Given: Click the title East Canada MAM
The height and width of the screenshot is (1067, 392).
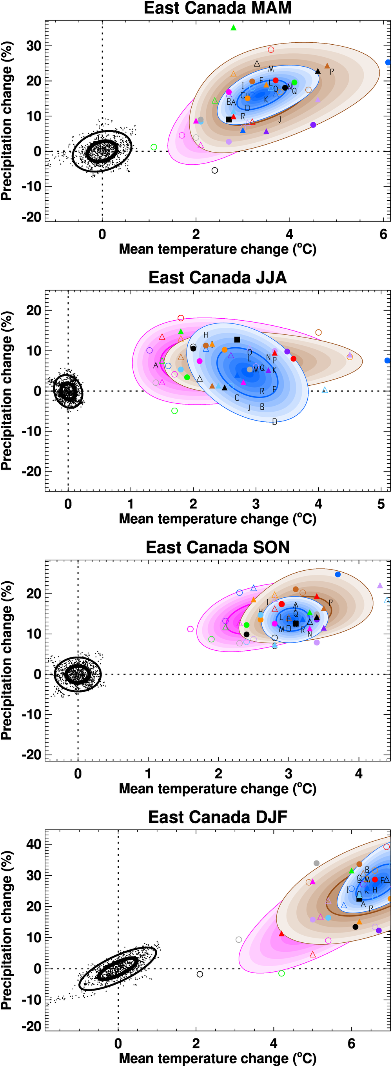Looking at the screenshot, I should click(x=218, y=8).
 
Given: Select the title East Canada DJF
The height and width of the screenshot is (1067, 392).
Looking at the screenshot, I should click(x=218, y=817).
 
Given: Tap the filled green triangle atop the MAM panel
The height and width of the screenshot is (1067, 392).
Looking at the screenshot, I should click(x=233, y=28).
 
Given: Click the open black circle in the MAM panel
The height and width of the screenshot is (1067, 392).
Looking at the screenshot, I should click(x=215, y=170).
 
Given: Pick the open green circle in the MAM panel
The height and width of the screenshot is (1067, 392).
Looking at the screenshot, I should click(x=154, y=147).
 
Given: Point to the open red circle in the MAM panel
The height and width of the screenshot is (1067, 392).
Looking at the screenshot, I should click(x=271, y=50).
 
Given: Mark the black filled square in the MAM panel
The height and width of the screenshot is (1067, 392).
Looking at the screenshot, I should click(x=229, y=119).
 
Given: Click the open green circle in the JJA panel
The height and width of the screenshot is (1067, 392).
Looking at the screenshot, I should click(x=174, y=411).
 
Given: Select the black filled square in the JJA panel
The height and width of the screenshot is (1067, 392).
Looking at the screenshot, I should click(x=237, y=339).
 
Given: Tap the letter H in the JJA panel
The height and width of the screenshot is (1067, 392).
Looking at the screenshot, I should click(x=206, y=335).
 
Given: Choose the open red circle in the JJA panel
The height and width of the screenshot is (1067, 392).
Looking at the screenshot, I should click(x=181, y=318).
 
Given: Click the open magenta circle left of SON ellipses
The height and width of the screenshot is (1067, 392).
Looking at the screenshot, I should click(x=190, y=629).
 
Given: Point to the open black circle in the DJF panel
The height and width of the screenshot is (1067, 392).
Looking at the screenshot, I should click(x=200, y=974).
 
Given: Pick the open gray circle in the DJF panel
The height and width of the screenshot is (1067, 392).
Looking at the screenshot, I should click(x=239, y=940).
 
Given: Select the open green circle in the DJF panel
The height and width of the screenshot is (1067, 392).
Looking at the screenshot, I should click(x=282, y=973).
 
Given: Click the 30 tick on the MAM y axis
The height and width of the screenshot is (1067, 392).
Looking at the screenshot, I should click(x=34, y=46).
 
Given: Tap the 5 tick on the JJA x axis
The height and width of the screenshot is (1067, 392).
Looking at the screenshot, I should click(x=381, y=504).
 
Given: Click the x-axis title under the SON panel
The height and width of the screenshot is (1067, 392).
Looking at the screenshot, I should click(x=218, y=788).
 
